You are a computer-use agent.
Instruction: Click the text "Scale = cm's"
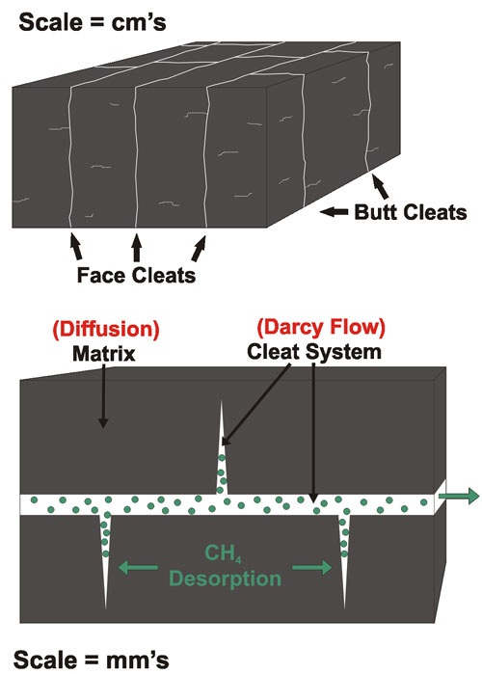point(93,21)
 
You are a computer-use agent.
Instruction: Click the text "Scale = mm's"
point(91,660)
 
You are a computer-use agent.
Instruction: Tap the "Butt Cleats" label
point(411,212)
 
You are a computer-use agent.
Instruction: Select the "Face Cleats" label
point(136,275)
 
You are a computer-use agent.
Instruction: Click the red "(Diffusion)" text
point(106,329)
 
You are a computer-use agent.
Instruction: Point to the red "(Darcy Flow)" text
point(321,327)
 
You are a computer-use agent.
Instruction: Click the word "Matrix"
point(104,354)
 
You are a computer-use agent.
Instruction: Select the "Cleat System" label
point(314,352)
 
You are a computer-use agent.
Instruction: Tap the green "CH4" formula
point(223,553)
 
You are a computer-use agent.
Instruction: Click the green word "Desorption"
point(226,579)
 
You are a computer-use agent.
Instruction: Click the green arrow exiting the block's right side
point(458,496)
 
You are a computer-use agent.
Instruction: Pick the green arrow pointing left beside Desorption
point(138,567)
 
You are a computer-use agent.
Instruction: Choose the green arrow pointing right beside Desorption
point(312,567)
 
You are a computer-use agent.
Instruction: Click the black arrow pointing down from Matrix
point(103,396)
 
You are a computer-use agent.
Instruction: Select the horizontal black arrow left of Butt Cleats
point(335,211)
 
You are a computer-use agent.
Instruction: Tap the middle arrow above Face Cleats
point(137,248)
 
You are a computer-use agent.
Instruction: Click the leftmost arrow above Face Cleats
point(76,246)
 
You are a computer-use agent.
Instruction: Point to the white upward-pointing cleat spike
point(222,447)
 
